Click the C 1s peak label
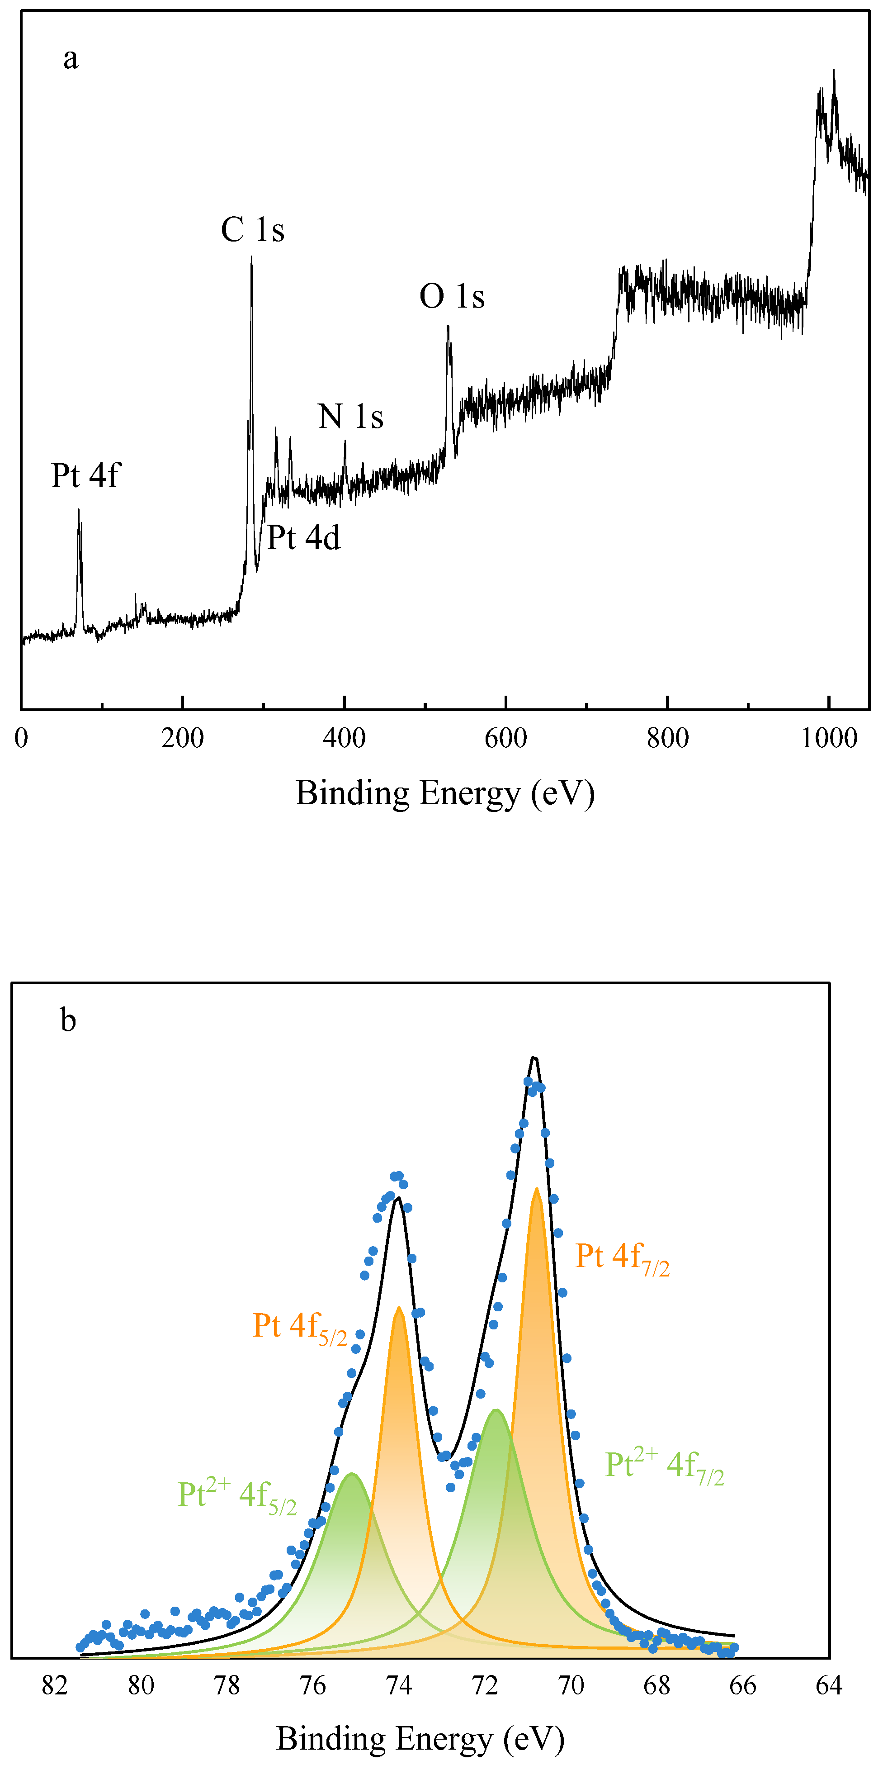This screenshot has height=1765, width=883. click(x=252, y=230)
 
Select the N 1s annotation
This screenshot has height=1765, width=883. click(x=350, y=417)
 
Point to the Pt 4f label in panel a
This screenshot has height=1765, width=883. click(x=85, y=475)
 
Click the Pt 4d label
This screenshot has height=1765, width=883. click(x=303, y=538)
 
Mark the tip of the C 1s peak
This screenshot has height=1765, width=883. click(x=251, y=258)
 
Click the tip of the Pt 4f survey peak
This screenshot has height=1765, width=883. click(x=78, y=510)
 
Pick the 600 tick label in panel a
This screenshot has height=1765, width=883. click(x=505, y=739)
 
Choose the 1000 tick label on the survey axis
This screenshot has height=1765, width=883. click(x=829, y=739)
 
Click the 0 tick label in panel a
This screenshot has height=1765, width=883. click(x=21, y=739)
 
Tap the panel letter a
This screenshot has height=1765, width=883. click(x=71, y=58)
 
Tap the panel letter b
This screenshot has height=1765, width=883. click(x=68, y=1020)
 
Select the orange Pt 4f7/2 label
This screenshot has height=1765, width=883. click(x=621, y=1258)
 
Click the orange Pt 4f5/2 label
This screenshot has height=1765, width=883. click(x=299, y=1327)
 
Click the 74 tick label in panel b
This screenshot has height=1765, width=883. click(x=399, y=1686)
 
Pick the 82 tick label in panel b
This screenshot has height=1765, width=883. click(x=55, y=1686)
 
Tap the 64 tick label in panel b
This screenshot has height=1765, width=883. click(x=829, y=1686)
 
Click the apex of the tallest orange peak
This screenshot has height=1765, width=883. click(x=536, y=1190)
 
